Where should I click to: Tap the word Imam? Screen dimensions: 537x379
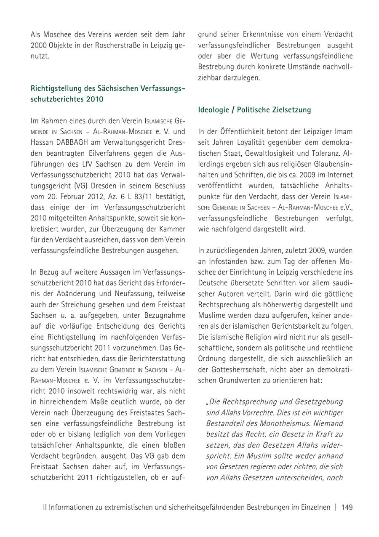344,132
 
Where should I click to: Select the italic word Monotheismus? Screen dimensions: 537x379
299,423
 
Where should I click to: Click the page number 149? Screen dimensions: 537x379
347,507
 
